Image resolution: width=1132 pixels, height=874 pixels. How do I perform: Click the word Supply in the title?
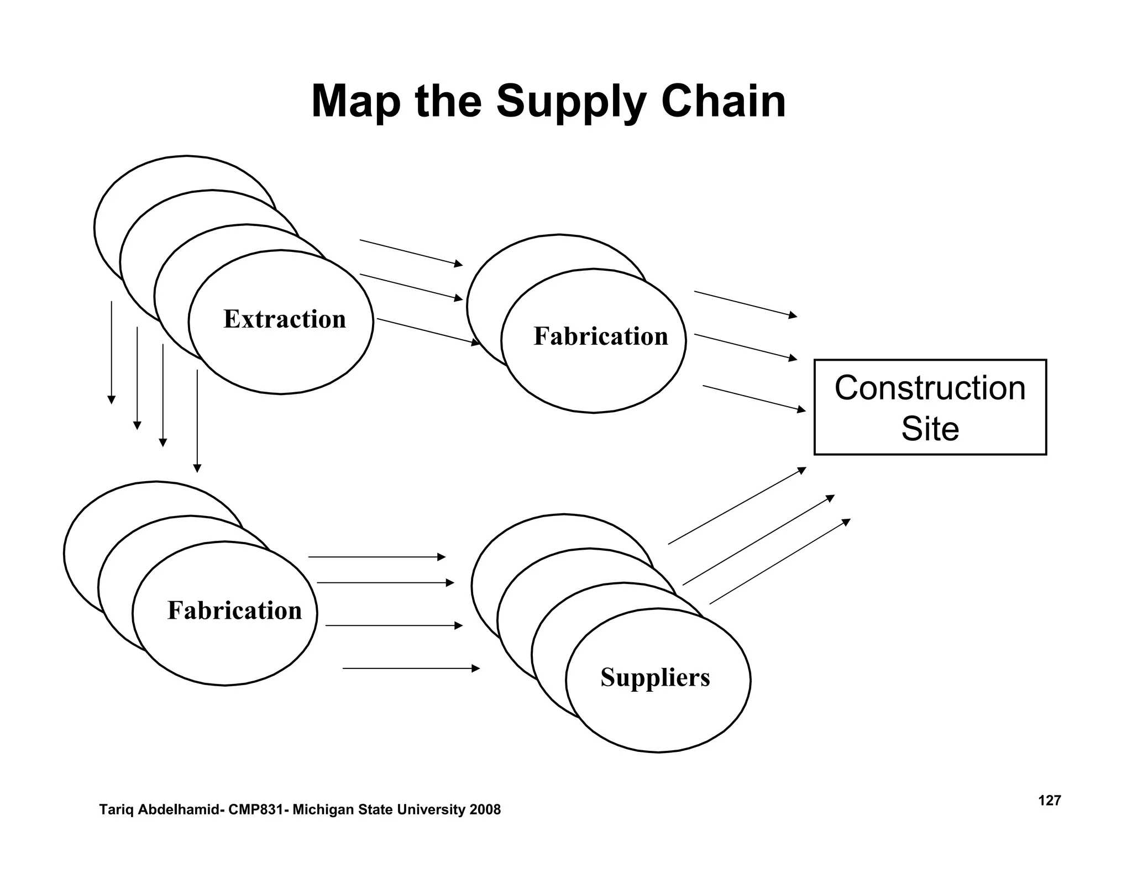[x=570, y=103]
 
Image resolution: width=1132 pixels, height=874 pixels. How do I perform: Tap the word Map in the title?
[x=355, y=102]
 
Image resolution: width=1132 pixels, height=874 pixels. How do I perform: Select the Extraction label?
[x=284, y=319]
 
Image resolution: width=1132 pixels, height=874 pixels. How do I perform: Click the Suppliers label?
[x=655, y=677]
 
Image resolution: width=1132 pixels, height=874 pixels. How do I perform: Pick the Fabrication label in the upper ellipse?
[x=600, y=336]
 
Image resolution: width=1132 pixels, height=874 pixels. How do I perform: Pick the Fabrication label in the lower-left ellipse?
[x=234, y=610]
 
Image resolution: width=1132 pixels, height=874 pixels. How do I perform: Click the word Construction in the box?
[x=930, y=388]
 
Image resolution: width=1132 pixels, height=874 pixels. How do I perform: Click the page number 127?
[x=1049, y=801]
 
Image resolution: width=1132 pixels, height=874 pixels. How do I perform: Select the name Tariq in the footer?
[x=113, y=810]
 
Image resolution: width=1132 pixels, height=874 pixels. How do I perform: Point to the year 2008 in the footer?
[x=485, y=810]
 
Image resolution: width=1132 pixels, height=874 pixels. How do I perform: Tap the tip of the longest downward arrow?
[x=197, y=470]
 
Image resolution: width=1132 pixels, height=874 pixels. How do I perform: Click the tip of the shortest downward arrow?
[x=112, y=401]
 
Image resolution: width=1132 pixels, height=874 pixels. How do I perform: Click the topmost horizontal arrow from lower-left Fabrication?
[x=376, y=557]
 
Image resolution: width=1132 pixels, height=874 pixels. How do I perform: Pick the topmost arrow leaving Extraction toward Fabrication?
[x=411, y=253]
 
